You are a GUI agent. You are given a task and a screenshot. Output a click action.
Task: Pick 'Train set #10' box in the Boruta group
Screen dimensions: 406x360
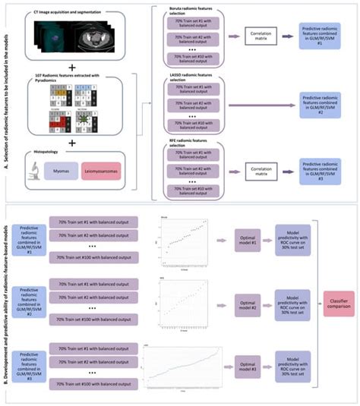pos(196,58)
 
